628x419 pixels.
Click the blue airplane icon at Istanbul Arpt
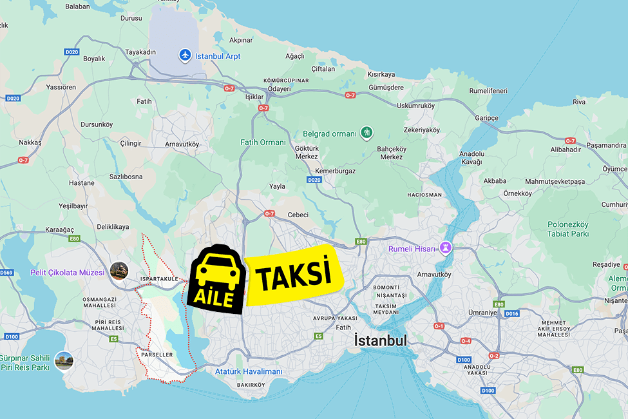[x=186, y=55]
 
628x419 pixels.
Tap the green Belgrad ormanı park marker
[x=366, y=133]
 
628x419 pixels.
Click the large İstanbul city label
[x=381, y=340]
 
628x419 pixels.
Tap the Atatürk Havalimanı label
[x=249, y=372]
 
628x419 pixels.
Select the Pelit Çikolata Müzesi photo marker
[x=119, y=271]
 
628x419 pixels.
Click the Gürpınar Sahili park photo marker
[x=64, y=361]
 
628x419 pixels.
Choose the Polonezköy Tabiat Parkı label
[x=568, y=229]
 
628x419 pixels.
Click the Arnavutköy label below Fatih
[x=182, y=144]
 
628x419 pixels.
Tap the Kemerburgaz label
[x=335, y=171]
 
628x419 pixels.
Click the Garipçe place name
[x=486, y=118]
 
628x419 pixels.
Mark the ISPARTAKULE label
[x=158, y=279]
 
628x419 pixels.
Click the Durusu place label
[x=131, y=18]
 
